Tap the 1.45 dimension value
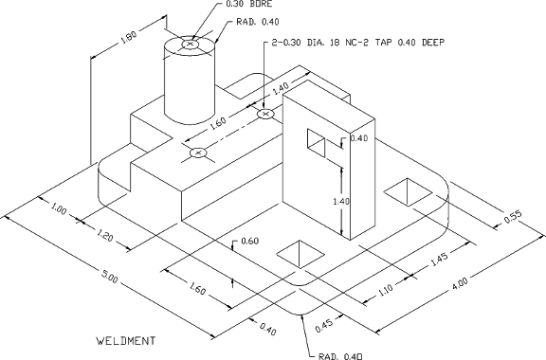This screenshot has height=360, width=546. (x=438, y=259)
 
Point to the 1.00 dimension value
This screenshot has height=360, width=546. (x=59, y=209)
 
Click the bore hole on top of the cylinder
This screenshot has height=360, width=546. (x=191, y=43)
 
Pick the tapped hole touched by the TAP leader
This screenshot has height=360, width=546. (x=265, y=114)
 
